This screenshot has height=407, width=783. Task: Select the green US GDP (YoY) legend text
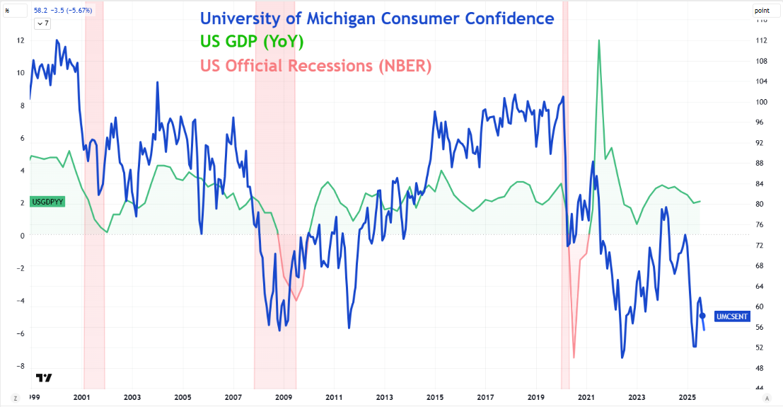tap(252, 42)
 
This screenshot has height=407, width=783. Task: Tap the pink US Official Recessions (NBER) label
tap(315, 66)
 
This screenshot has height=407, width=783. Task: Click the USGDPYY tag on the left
tap(47, 202)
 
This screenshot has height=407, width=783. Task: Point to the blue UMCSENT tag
tap(732, 316)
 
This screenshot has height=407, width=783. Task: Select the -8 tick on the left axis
tap(19, 366)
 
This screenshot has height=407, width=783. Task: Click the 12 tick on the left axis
tap(21, 40)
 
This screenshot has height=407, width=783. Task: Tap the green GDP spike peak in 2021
tap(599, 40)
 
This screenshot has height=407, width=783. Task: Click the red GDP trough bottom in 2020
tap(574, 357)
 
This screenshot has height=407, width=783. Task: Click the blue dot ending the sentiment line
tap(702, 316)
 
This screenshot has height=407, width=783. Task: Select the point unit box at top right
tap(762, 10)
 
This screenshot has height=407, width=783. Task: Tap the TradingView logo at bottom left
tap(44, 378)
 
